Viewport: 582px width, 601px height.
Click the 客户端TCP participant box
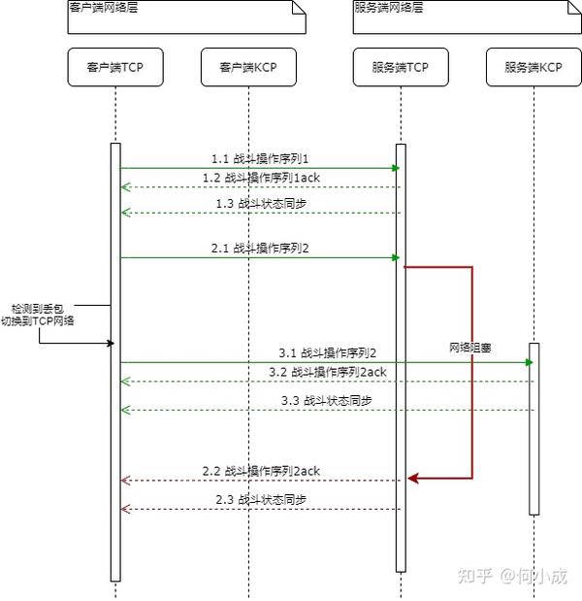coord(114,67)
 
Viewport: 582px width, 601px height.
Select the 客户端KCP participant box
coord(247,67)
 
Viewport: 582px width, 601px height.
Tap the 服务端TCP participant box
coord(400,67)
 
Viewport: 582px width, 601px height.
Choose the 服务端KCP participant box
coord(533,67)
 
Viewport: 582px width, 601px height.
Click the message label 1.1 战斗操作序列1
coord(260,157)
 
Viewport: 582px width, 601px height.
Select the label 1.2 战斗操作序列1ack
coord(260,178)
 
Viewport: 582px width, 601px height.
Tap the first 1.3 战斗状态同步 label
coord(260,203)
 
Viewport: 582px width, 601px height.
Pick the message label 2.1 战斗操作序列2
coord(260,248)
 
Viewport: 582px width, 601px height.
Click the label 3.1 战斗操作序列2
coord(327,352)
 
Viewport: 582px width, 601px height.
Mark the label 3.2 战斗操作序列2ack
coord(327,372)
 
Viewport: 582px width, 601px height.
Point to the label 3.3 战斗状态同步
coord(327,400)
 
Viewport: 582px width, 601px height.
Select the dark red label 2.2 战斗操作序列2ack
coord(261,471)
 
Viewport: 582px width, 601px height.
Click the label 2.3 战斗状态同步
coord(261,499)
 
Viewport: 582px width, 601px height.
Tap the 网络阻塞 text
coord(469,347)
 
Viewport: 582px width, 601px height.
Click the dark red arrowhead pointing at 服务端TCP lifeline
coord(412,478)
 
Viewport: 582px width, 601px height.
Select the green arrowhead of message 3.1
coord(529,362)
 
